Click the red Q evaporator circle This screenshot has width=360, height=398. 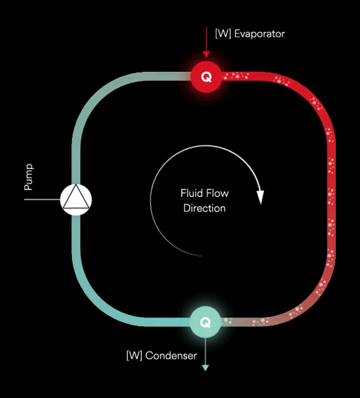(x=206, y=77)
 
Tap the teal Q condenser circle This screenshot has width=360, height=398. (x=205, y=322)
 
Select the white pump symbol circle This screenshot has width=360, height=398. (x=76, y=200)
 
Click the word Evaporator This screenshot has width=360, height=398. (x=260, y=34)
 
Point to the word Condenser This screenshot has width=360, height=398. (x=171, y=355)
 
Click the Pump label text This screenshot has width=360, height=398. (x=28, y=177)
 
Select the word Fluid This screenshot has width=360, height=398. (x=190, y=193)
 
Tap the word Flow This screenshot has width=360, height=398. (x=217, y=193)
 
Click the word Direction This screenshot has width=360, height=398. (x=204, y=209)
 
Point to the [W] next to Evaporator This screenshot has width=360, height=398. (x=223, y=34)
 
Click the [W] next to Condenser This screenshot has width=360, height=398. (x=134, y=355)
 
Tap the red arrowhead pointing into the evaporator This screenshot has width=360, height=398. (x=207, y=54)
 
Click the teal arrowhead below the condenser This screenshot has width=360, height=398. (x=205, y=367)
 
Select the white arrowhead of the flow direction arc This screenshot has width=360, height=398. (x=260, y=197)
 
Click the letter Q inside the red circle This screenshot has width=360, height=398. (x=206, y=77)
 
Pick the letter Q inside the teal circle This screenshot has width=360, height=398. (x=205, y=322)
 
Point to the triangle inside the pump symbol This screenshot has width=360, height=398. (x=76, y=197)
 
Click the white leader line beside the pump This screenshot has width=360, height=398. (x=42, y=200)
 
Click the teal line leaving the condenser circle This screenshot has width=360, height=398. (x=205, y=352)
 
